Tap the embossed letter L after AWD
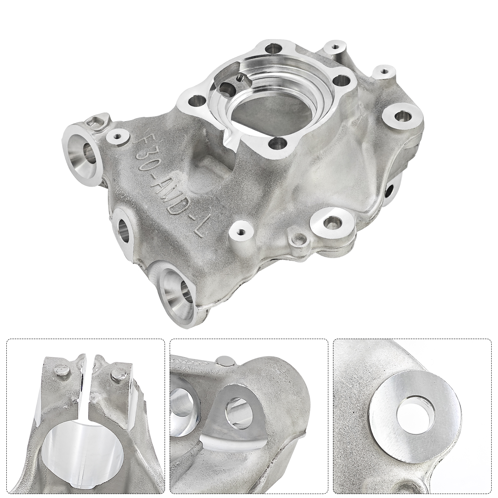198,229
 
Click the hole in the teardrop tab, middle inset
237,415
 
